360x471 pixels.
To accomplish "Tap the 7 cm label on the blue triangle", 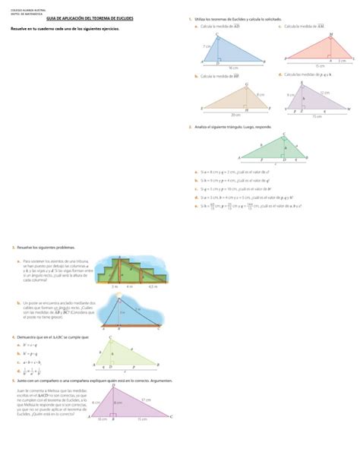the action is [207, 46].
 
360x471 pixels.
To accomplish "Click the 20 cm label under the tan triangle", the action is [235, 113].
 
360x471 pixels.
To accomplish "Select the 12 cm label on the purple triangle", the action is [324, 93].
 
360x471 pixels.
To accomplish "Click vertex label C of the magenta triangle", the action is [172, 416].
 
